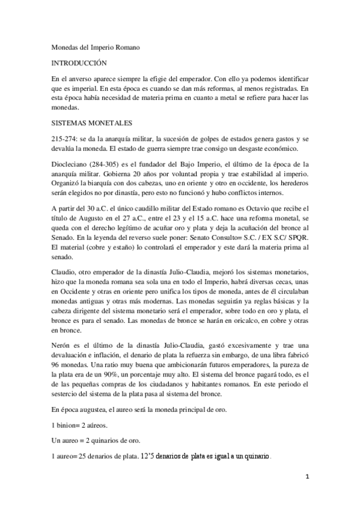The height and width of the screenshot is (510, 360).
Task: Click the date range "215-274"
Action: click(x=62, y=138)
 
